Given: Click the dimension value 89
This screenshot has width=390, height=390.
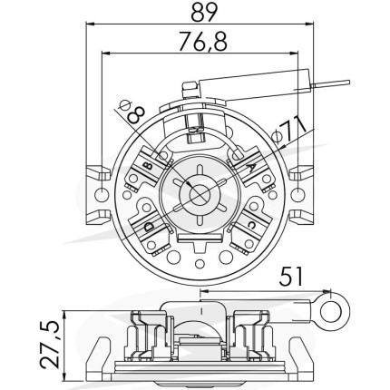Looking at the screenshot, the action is (x=205, y=11).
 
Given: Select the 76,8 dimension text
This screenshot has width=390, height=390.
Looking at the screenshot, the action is (x=202, y=41).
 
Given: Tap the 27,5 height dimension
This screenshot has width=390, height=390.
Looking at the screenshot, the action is (x=50, y=346).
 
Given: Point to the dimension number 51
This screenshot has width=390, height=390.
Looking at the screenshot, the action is (x=291, y=277).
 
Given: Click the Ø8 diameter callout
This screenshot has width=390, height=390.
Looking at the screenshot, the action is (x=130, y=112).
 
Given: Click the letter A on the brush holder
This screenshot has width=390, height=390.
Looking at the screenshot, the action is (x=251, y=167).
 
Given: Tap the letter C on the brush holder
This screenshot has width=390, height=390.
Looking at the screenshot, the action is (x=251, y=225).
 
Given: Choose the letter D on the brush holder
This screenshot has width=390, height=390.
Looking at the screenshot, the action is (x=149, y=226).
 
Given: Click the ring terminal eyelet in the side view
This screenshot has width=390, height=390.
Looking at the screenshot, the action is (x=335, y=311).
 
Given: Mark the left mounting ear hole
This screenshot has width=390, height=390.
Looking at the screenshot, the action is (x=101, y=195).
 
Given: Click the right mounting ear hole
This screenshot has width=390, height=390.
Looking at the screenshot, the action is (x=297, y=195).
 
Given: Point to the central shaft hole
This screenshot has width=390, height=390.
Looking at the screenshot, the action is (x=200, y=195).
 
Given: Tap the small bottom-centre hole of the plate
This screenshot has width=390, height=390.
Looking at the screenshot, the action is (x=199, y=263).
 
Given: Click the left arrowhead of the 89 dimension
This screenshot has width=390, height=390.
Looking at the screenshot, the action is (x=90, y=24).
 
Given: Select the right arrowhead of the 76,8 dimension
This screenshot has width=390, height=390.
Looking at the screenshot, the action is (x=294, y=54).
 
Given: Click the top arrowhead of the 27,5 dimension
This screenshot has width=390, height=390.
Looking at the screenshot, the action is (x=64, y=315).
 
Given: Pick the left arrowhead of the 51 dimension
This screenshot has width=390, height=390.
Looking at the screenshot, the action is (x=205, y=291).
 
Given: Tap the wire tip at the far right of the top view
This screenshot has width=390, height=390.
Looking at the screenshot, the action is (x=349, y=83).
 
